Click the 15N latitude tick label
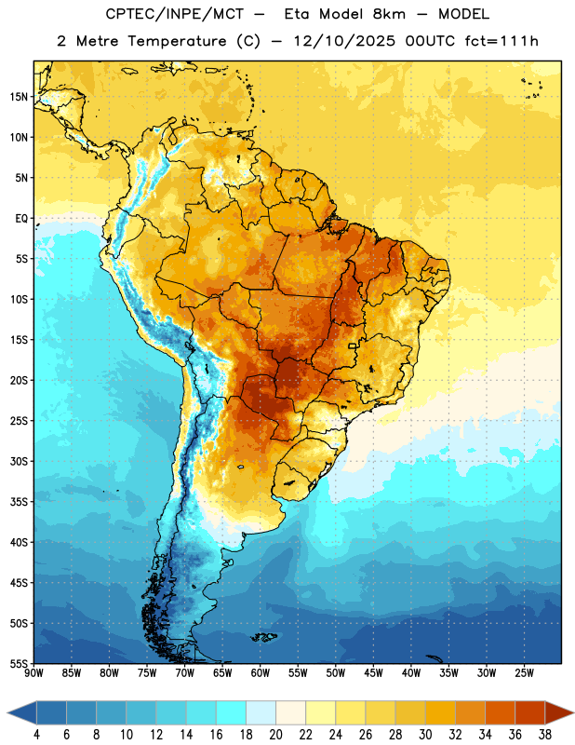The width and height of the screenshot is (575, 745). (19, 97)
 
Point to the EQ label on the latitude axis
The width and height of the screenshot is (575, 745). (21, 219)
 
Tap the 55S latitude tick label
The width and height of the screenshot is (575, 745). (19, 663)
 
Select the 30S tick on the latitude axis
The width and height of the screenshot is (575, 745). (19, 461)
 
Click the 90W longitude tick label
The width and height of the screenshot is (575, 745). (34, 672)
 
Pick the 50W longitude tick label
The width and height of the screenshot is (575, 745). (336, 672)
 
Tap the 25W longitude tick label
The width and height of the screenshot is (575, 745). (524, 672)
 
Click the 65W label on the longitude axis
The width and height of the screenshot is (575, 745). (222, 672)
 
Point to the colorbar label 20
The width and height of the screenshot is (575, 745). (275, 735)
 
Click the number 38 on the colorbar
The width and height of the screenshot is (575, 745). (545, 735)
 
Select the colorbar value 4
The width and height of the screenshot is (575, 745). (36, 735)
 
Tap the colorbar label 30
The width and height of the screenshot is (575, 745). (425, 735)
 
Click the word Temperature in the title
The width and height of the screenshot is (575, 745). (177, 41)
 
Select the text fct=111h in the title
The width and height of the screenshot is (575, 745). (501, 41)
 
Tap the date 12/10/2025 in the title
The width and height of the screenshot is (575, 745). (343, 41)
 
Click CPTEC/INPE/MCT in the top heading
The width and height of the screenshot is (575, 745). (174, 14)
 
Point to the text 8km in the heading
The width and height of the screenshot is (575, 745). (389, 14)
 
